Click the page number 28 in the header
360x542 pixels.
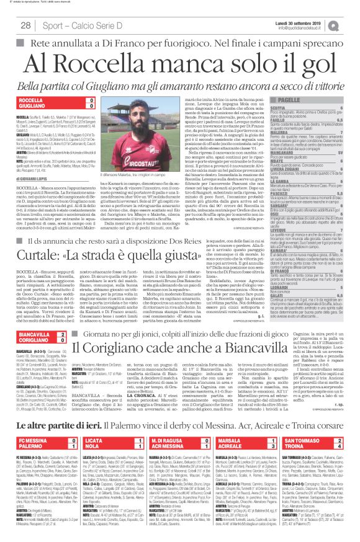27,24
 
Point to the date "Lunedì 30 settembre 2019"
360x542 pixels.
292,21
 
